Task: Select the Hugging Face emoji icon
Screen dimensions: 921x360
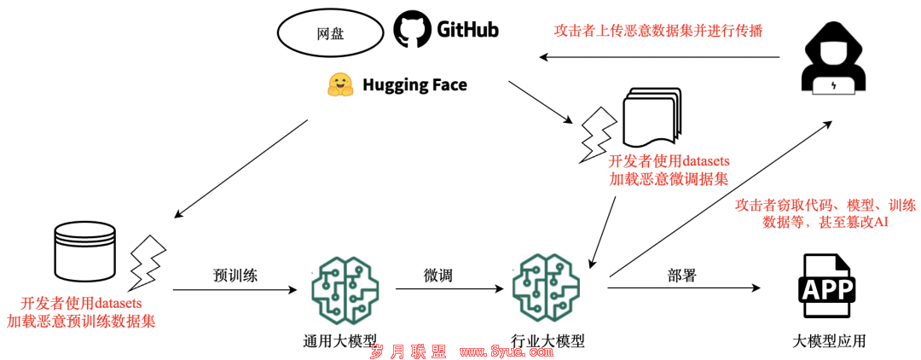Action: click(x=340, y=85)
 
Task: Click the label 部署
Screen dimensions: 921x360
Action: click(x=681, y=274)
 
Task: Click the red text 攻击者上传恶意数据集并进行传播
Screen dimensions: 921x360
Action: click(x=658, y=31)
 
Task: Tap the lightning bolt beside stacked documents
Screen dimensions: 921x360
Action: click(x=599, y=136)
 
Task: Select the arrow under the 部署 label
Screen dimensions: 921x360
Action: click(x=684, y=287)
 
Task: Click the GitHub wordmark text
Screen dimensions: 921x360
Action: click(x=467, y=29)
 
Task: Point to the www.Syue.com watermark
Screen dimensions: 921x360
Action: click(x=506, y=351)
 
